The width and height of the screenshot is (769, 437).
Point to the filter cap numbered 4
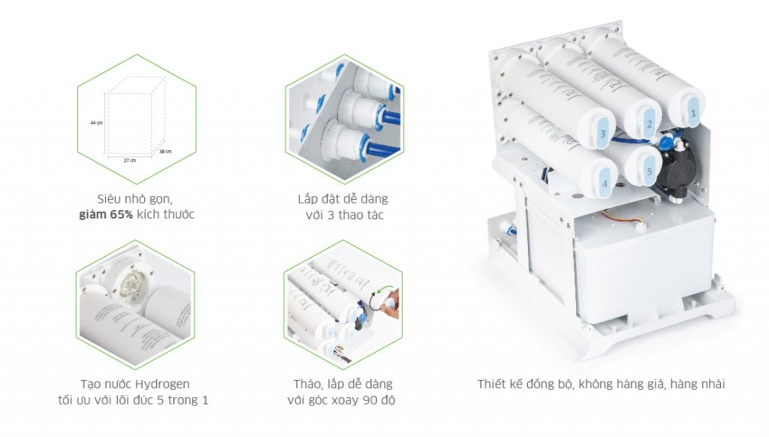pos(603,180)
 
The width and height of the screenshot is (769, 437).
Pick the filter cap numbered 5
pos(645,169)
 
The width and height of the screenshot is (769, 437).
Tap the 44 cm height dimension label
pos(95,122)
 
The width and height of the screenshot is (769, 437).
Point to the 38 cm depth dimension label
pos(166,152)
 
